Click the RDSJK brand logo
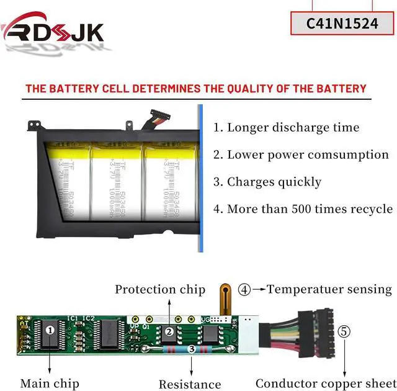click(x=52, y=32)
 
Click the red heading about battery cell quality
click(x=195, y=88)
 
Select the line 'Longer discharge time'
click(x=287, y=128)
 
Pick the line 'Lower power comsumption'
click(x=301, y=155)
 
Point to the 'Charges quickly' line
click(x=267, y=182)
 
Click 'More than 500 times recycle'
click(x=303, y=209)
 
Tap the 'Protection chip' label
click(x=159, y=289)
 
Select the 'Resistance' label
click(x=189, y=384)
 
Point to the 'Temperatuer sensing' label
click(x=329, y=289)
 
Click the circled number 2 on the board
click(x=169, y=332)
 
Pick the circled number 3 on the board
click(x=191, y=350)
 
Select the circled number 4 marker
click(x=245, y=289)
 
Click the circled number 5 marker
click(x=344, y=331)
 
